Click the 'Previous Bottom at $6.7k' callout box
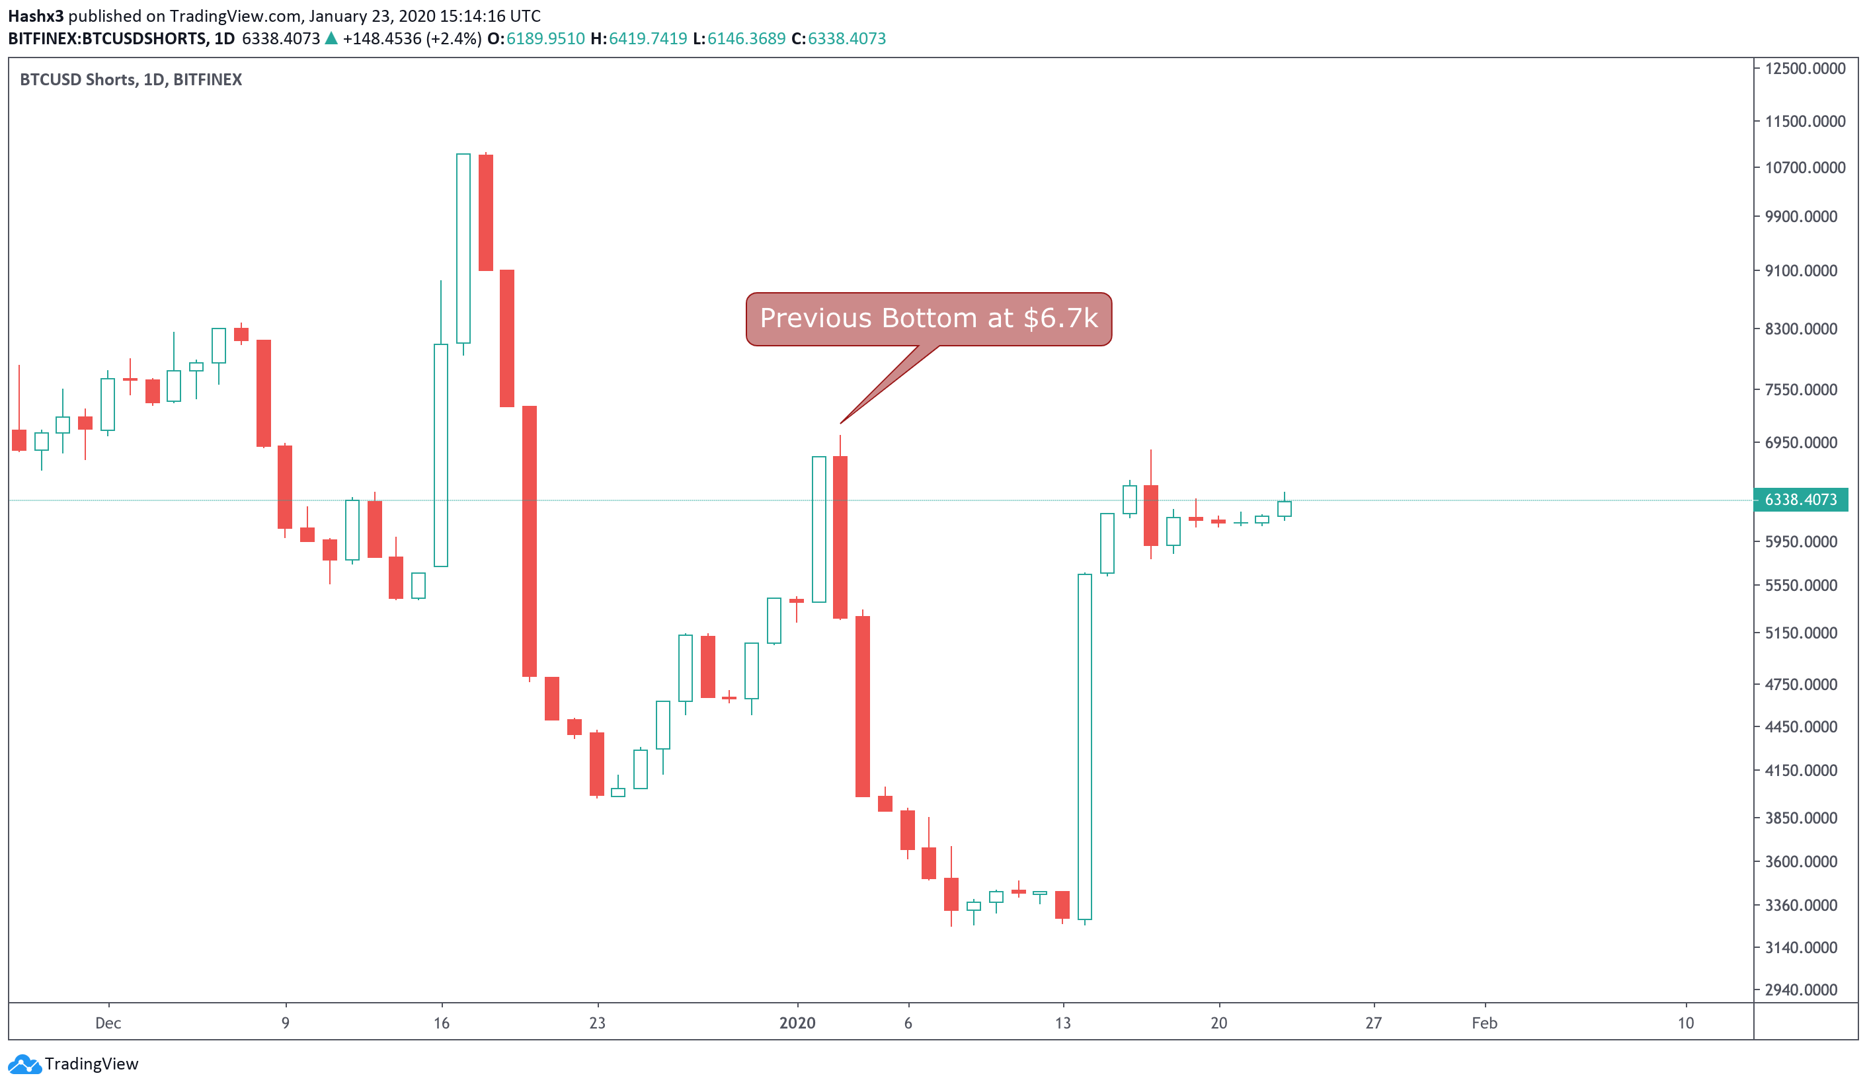point(928,319)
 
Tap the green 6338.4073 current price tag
point(1800,500)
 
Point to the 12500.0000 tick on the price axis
point(1805,69)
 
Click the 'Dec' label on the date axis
point(108,1023)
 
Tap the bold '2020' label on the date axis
point(797,1023)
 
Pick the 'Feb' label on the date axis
point(1484,1023)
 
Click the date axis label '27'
point(1374,1023)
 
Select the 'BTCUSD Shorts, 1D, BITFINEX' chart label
point(131,80)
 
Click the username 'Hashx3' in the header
point(36,16)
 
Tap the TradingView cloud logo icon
point(24,1064)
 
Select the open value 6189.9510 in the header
point(545,38)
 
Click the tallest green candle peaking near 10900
point(463,248)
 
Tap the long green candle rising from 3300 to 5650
point(1085,746)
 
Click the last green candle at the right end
point(1284,508)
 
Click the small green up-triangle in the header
point(331,38)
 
